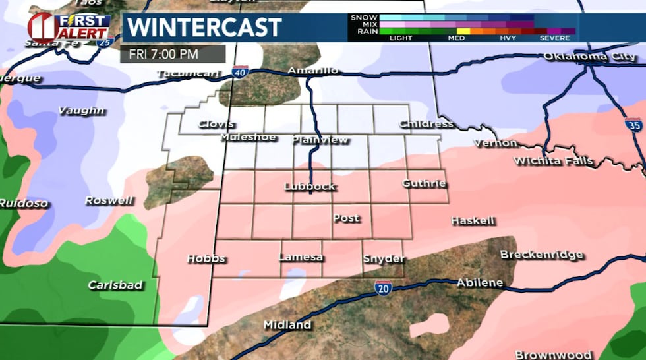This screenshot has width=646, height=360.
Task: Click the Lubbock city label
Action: click(310, 187)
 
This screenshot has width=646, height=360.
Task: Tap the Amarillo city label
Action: click(313, 71)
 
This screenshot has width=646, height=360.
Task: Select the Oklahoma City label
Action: click(589, 57)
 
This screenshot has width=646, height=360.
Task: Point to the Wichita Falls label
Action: click(554, 161)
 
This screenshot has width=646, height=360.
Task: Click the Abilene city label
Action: click(480, 283)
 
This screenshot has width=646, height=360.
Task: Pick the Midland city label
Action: click(287, 325)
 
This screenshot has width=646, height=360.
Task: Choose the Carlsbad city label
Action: click(115, 285)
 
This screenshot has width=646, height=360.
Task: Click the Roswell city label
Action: click(109, 200)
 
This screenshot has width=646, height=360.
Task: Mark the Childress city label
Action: click(426, 124)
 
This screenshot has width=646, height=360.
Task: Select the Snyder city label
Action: click(384, 258)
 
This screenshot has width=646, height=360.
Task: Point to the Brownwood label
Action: click(544, 355)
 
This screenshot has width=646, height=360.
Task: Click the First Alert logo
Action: click(68, 26)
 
